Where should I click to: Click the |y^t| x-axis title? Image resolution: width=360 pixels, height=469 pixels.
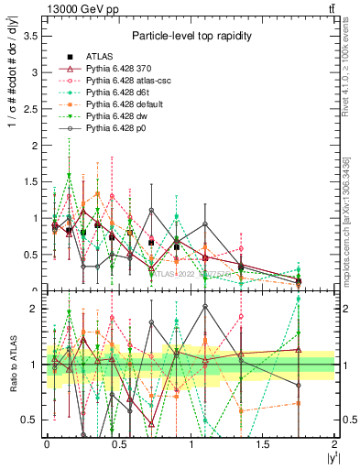[x=330, y=459]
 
